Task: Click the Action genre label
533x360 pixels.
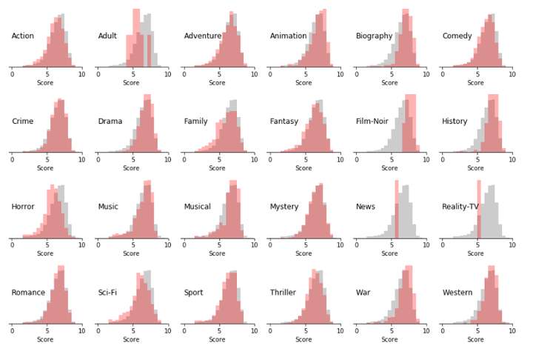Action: (x=23, y=36)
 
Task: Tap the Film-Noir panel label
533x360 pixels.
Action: (x=372, y=121)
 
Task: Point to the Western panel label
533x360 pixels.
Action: (x=457, y=293)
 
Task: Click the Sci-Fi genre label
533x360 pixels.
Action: (x=107, y=293)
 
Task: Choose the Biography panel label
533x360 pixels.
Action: (x=374, y=36)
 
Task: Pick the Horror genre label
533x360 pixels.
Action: (x=23, y=207)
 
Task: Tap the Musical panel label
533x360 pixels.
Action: (x=197, y=207)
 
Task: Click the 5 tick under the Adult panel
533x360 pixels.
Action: (x=133, y=74)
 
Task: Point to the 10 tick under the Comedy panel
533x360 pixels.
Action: (x=511, y=74)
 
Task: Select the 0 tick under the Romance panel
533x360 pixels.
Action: (x=12, y=331)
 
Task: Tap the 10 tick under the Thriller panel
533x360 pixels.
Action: (x=338, y=331)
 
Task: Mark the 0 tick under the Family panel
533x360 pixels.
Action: (x=184, y=159)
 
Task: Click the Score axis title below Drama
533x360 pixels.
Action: (x=131, y=168)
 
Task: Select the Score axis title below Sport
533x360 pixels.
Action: (x=217, y=339)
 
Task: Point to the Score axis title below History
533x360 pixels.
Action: (x=475, y=168)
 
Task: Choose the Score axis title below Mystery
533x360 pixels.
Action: (x=304, y=253)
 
